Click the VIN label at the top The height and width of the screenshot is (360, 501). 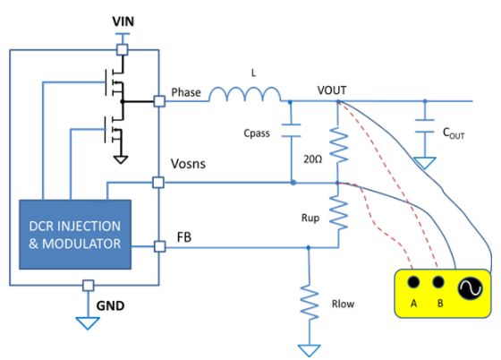(x=123, y=21)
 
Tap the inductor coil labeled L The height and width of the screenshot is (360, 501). (x=245, y=94)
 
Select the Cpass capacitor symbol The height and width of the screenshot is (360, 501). (x=291, y=131)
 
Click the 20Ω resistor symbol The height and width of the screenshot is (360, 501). (x=338, y=145)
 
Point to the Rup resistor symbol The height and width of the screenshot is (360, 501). (x=338, y=212)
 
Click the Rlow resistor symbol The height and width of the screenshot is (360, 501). (x=309, y=302)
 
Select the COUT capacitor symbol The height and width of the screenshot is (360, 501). (x=425, y=125)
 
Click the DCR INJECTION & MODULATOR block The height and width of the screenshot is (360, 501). (x=75, y=235)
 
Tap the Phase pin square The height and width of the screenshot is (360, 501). (x=159, y=101)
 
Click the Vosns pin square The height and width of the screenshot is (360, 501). (x=158, y=183)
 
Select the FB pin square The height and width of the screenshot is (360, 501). (x=160, y=246)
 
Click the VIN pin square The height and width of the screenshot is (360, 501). (x=122, y=50)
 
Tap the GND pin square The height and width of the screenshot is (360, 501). (x=89, y=285)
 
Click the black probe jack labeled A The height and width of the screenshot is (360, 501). (x=413, y=282)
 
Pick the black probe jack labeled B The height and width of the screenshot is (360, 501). (x=438, y=282)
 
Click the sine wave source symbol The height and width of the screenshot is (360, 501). (x=470, y=287)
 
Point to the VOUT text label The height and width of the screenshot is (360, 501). (x=332, y=90)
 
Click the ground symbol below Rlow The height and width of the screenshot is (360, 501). (x=309, y=350)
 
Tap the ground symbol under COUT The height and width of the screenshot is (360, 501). (x=424, y=163)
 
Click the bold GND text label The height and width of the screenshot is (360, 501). (x=110, y=306)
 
